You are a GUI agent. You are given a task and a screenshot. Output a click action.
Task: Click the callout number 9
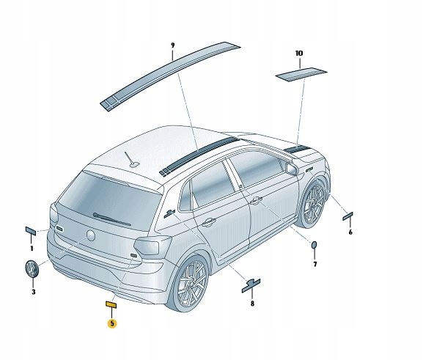coord(173,45)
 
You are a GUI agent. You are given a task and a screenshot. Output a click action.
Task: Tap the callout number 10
coord(299,54)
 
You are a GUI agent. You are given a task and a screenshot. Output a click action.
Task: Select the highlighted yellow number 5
coord(112,323)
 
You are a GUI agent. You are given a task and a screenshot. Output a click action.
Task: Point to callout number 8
coord(252,304)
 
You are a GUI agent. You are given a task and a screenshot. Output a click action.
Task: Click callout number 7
coord(315,264)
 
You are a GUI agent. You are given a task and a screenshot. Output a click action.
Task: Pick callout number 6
coord(350,232)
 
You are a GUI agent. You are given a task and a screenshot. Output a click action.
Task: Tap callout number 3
coord(34,292)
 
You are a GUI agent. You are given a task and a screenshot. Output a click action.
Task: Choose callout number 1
coord(32,249)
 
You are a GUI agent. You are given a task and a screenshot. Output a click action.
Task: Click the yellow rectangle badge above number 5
coord(111,305)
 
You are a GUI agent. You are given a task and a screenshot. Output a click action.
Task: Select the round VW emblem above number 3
coord(32,268)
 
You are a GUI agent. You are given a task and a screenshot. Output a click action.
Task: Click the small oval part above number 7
coord(315,245)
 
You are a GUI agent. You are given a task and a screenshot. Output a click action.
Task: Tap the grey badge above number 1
coord(31,231)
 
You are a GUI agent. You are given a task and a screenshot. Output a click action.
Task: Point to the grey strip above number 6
coord(347,216)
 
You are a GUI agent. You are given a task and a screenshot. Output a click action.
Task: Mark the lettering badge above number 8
coord(251,286)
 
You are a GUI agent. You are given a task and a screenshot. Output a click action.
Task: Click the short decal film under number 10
coord(301,73)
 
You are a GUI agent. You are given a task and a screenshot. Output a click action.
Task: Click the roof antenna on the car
coord(133,160)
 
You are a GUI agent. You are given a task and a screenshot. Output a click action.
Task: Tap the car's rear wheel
coord(190,283)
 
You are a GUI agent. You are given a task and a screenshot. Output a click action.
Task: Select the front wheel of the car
coord(313,204)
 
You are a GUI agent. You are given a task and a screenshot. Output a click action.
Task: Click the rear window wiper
coord(111,219)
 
